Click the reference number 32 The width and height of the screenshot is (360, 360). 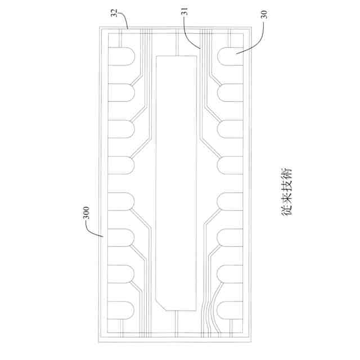pos(114,13)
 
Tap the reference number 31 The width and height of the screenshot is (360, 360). pos(185,11)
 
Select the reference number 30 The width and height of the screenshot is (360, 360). pos(265,15)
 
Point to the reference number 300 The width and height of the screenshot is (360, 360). pos(86,213)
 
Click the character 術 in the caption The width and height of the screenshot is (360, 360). pos(287,175)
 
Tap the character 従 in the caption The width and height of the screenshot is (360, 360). pos(287,209)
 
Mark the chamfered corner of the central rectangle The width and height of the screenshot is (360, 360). pos(161,305)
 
